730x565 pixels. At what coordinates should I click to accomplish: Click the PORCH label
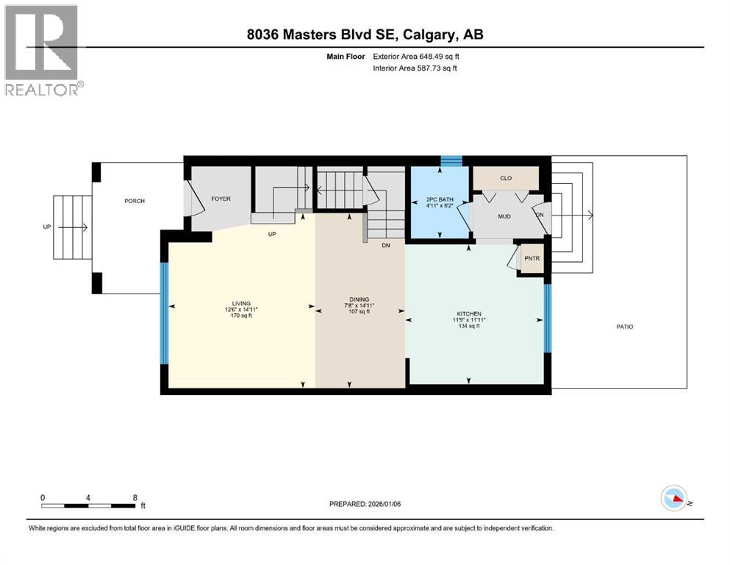(134, 201)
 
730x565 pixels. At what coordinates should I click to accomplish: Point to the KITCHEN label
(468, 314)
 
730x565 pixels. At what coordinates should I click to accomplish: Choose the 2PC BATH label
(440, 199)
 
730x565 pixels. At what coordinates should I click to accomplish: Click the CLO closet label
(505, 178)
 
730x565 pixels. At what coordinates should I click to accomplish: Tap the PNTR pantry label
(532, 259)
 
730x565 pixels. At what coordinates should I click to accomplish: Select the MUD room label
(504, 217)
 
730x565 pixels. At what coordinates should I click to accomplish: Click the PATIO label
(625, 327)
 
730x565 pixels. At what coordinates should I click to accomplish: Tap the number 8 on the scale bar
(135, 497)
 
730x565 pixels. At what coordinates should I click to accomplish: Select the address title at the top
(365, 35)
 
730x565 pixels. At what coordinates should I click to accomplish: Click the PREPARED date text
(365, 504)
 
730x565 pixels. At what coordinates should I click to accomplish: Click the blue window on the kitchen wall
(546, 319)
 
